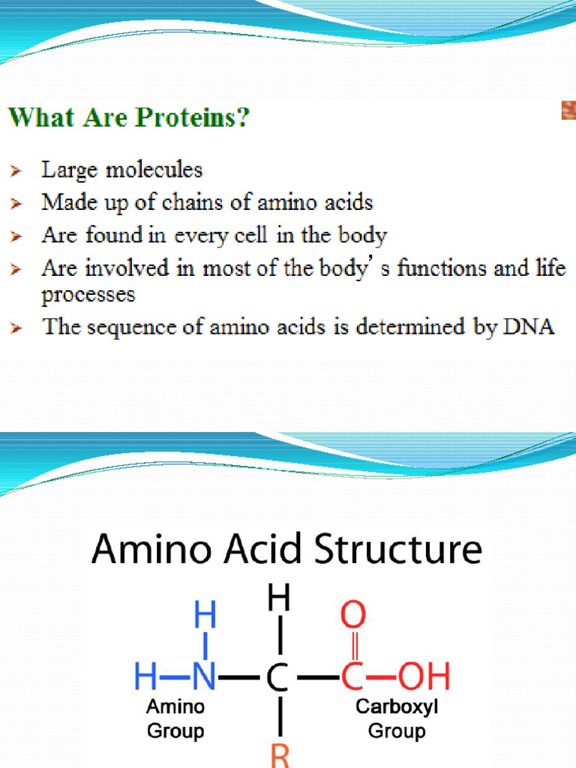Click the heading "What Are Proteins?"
tap(128, 118)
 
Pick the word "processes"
tap(88, 295)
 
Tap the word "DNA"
tap(529, 328)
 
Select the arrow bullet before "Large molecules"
tap(16, 172)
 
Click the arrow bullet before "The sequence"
tap(16, 328)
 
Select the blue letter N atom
tap(205, 677)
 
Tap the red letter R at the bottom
tap(279, 754)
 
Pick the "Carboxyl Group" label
tap(397, 719)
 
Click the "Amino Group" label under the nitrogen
tap(175, 719)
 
